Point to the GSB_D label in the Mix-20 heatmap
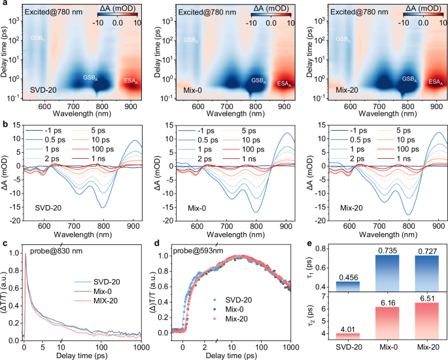pyautogui.click(x=342, y=40)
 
